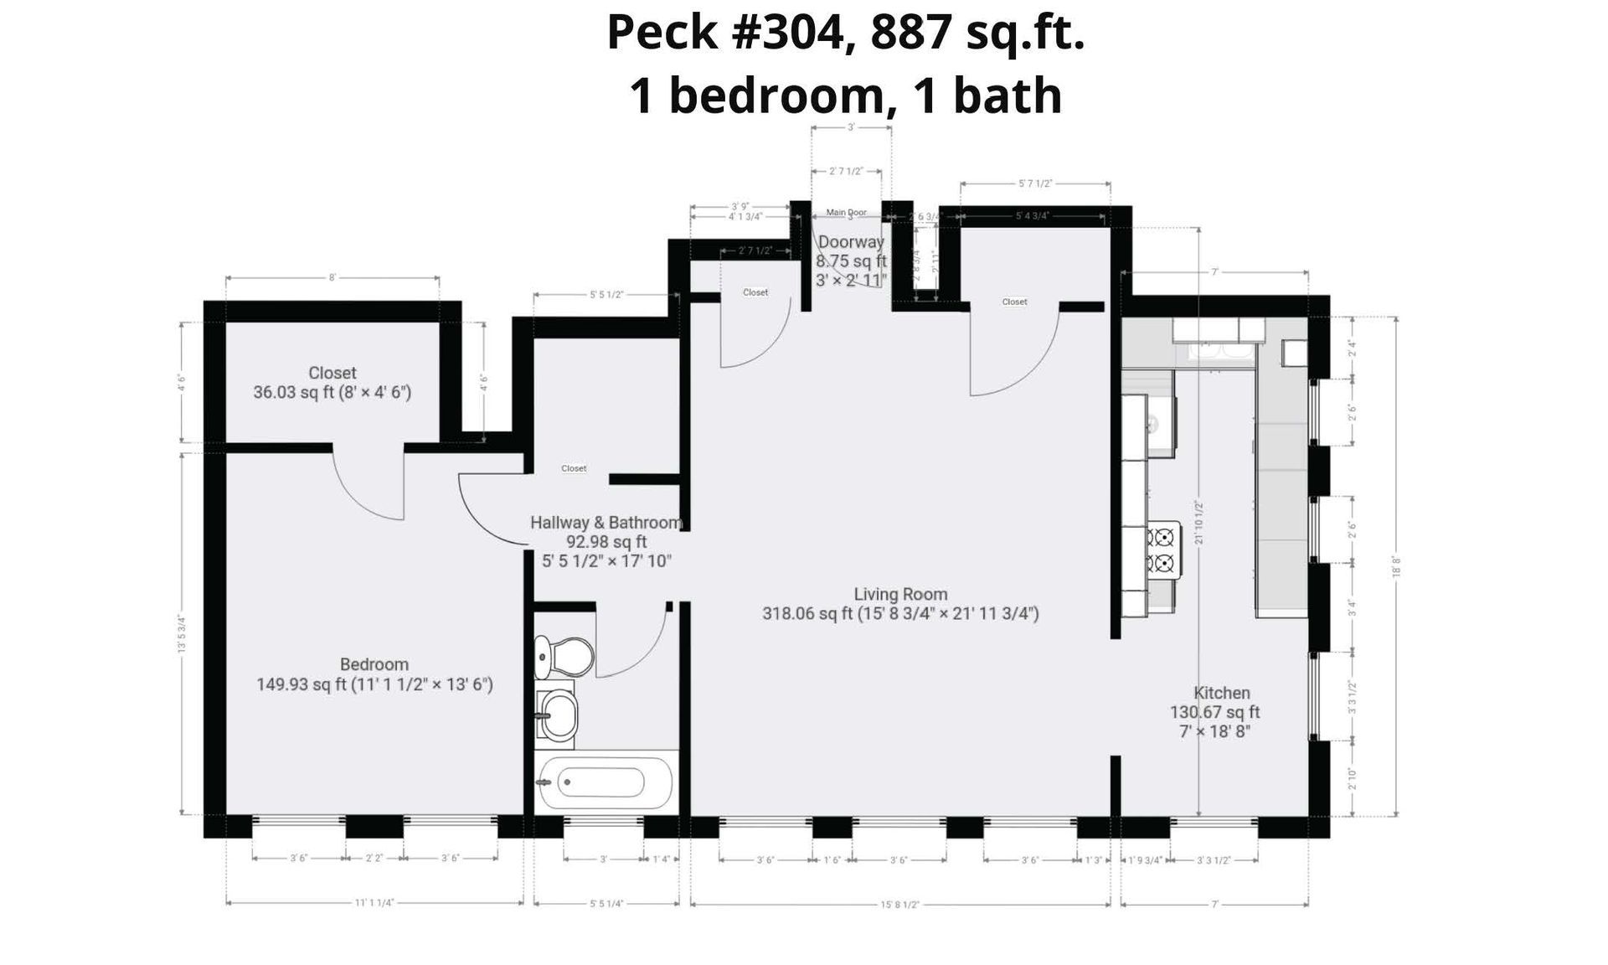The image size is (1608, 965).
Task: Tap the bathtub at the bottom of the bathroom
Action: pos(606,782)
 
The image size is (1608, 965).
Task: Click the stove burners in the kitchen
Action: pos(1162,550)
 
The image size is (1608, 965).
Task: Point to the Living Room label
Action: pos(900,595)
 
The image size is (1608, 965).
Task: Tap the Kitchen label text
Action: pos(1221,693)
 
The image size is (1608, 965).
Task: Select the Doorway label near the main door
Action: pos(851,242)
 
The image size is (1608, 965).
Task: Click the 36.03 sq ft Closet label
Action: pos(332,383)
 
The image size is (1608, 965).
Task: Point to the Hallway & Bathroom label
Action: pos(606,523)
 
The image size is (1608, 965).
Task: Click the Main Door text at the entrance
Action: pos(846,213)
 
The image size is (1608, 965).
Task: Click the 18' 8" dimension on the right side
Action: pos(1396,567)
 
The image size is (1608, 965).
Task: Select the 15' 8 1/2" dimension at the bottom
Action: pos(900,904)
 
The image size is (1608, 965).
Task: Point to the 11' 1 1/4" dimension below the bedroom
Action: pos(374,903)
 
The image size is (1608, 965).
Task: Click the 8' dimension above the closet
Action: pos(332,278)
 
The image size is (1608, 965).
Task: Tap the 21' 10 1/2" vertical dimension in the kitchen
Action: pos(1198,523)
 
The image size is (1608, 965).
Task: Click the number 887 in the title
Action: pos(911,34)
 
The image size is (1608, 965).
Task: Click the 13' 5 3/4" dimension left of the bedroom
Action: pos(182,634)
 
